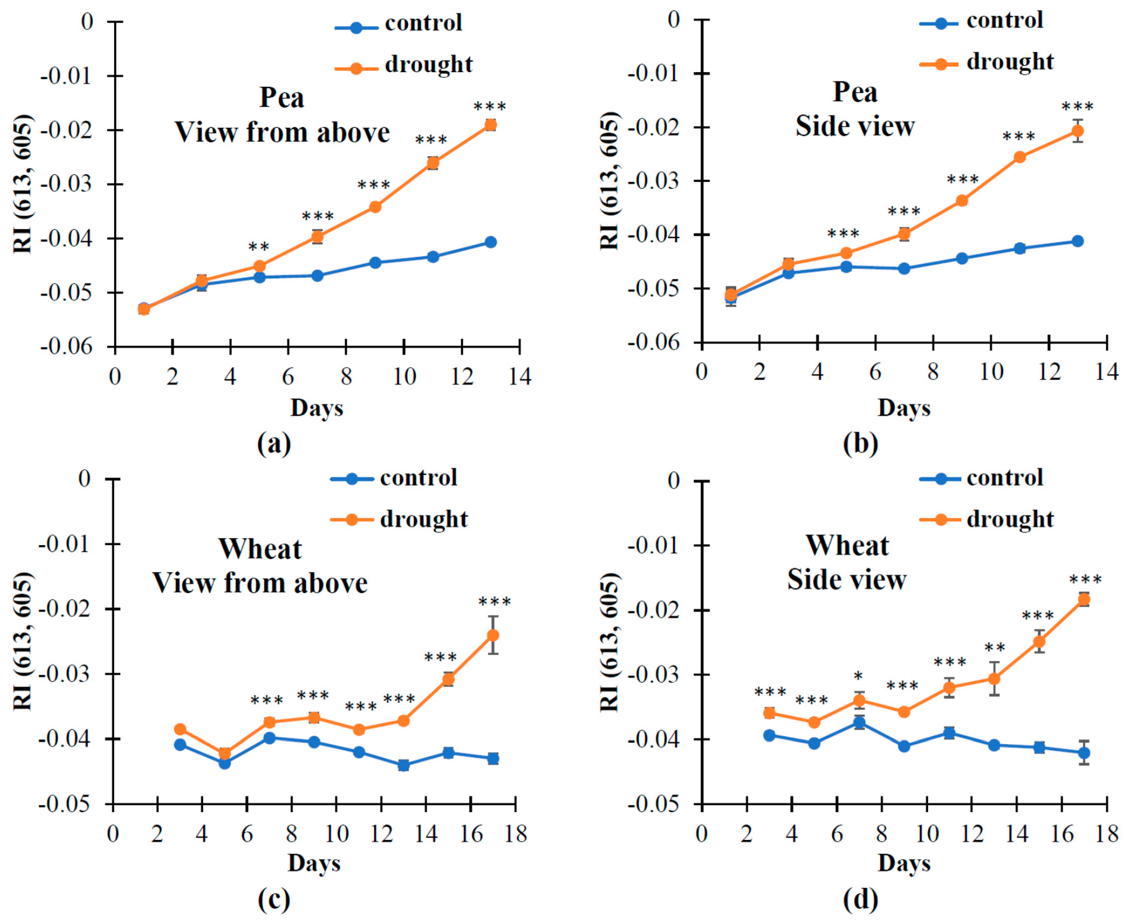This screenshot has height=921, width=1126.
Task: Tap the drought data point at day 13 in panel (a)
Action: tap(490, 125)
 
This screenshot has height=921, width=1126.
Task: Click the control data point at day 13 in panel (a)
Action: tap(490, 242)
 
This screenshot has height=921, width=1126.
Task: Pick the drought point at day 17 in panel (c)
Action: tap(493, 635)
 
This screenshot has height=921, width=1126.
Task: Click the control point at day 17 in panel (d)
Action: tap(1084, 753)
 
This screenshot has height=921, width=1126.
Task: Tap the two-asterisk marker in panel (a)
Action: tap(259, 247)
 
